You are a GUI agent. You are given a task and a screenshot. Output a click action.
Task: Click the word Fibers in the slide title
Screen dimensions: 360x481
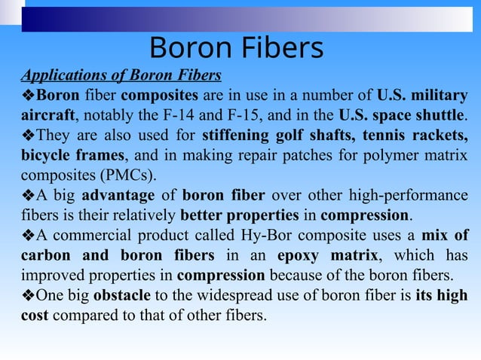[x=278, y=47]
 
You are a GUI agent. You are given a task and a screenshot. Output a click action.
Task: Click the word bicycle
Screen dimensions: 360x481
[x=44, y=156]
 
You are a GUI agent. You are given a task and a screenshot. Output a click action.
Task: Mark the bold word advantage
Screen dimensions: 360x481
[x=127, y=196]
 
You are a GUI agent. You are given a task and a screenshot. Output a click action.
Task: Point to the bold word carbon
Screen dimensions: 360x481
[x=47, y=255]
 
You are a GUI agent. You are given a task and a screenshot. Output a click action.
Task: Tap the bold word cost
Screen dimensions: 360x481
[x=33, y=314]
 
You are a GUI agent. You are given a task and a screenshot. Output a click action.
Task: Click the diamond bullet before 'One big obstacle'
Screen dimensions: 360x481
[x=28, y=294]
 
